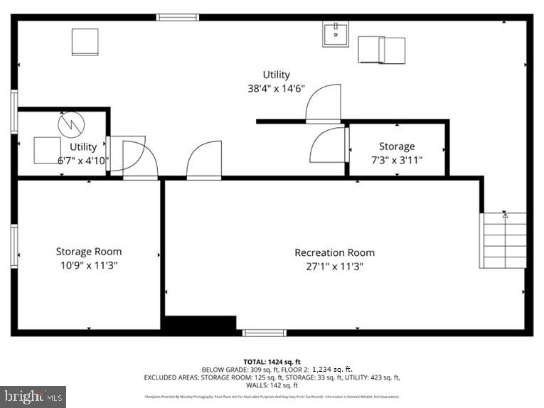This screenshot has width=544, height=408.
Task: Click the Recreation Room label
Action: pyautogui.click(x=334, y=252)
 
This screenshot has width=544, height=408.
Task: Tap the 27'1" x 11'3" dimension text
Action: pyautogui.click(x=334, y=267)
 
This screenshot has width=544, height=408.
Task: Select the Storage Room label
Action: pyautogui.click(x=89, y=251)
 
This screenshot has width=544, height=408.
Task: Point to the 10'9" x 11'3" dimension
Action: pyautogui.click(x=89, y=265)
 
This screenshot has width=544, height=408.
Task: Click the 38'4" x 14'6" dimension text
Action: pyautogui.click(x=276, y=89)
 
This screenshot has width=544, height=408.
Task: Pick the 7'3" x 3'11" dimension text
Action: pyautogui.click(x=396, y=160)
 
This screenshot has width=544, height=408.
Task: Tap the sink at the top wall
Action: pyautogui.click(x=336, y=33)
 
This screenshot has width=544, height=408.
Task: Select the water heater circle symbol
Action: pyautogui.click(x=70, y=126)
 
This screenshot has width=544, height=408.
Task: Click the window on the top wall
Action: pyautogui.click(x=177, y=17)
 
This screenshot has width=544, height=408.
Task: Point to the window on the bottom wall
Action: pyautogui.click(x=264, y=333)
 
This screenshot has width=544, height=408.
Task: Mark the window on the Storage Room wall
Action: pyautogui.click(x=14, y=246)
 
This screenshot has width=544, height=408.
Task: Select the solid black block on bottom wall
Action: pyautogui.click(x=200, y=323)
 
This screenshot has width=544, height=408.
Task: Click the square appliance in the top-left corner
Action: pyautogui.click(x=85, y=42)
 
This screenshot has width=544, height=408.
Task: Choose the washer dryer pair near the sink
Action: pyautogui.click(x=381, y=50)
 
